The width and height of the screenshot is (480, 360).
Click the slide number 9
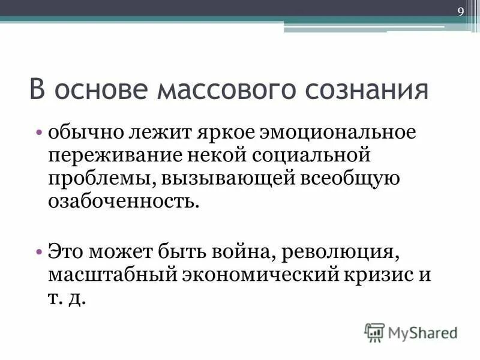[x=461, y=13]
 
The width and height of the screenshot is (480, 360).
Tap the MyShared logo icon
[x=374, y=332]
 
